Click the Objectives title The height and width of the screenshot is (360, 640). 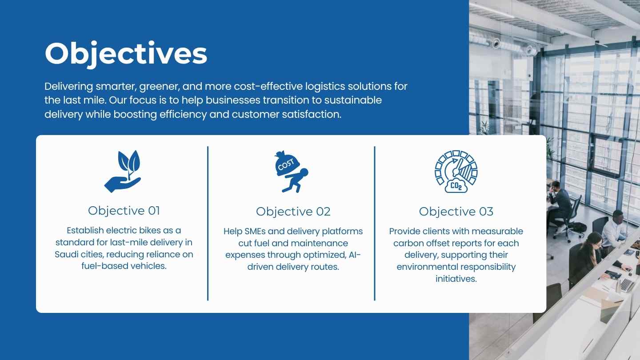pos(126,54)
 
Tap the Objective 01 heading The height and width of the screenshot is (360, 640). pos(124,211)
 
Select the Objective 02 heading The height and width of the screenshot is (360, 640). pos(293,212)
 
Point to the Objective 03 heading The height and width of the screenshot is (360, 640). pos(456,212)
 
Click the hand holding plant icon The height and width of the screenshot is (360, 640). pos(123,172)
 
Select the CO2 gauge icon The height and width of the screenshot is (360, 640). pos(456,172)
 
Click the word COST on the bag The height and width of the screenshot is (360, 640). pos(286,164)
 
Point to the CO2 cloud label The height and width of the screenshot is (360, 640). pos(456,186)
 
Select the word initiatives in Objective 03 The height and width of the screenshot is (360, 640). pos(456,279)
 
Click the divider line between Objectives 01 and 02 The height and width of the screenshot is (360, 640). pos(208,224)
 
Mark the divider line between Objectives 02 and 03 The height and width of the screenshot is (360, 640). pos(375,224)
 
